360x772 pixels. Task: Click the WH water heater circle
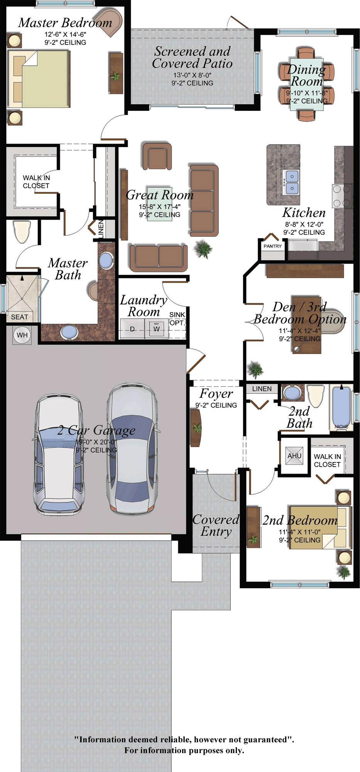[x=22, y=335]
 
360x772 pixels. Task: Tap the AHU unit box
[x=294, y=455]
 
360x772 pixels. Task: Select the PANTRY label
[x=272, y=246]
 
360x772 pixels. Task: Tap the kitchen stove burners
[x=343, y=196]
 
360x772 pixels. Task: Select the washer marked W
[x=156, y=328]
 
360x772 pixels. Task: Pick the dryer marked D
[x=132, y=328]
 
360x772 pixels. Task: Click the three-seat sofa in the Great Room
[x=204, y=200]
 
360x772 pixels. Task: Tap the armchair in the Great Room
[x=157, y=156]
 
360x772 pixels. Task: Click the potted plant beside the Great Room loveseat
[x=203, y=249]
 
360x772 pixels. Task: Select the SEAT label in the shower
[x=19, y=317]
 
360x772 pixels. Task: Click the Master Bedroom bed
[x=38, y=79]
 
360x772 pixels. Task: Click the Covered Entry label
[x=216, y=525]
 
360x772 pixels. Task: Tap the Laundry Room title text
[x=144, y=305]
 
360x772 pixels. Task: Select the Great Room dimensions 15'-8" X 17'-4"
[x=159, y=207]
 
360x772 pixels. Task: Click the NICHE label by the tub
[x=341, y=427]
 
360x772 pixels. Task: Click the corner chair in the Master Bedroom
[x=109, y=22]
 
